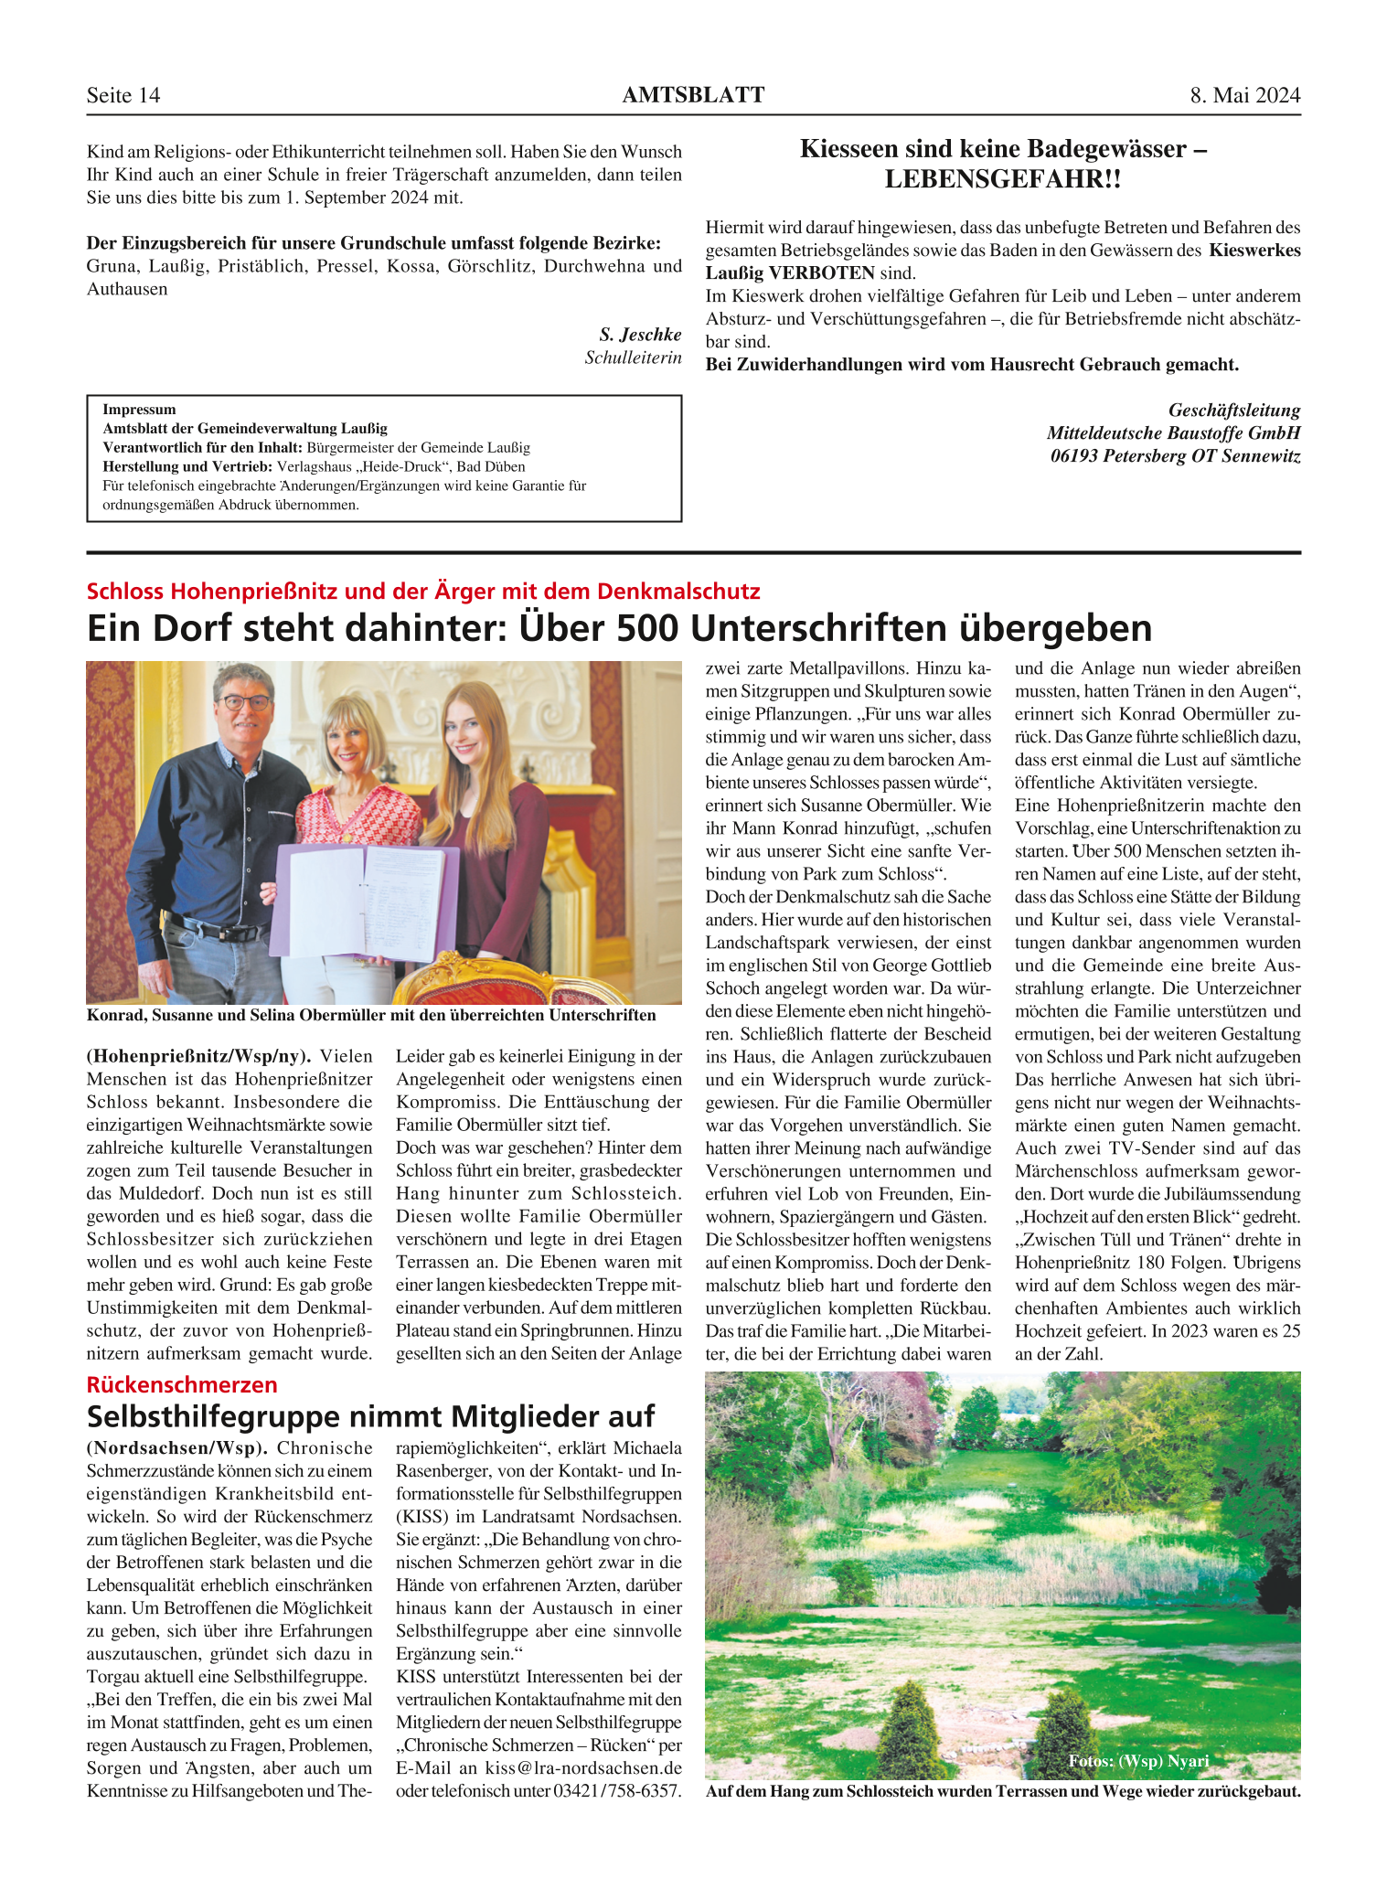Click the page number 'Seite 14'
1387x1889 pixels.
click(123, 96)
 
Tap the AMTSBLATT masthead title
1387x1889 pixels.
click(693, 95)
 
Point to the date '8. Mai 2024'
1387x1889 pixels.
click(1244, 96)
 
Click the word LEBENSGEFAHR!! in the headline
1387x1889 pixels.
click(1003, 179)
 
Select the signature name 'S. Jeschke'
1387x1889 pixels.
click(640, 335)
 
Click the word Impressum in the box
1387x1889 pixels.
click(139, 410)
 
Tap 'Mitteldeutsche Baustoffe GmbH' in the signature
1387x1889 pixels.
click(1173, 432)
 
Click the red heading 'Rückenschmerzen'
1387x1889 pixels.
click(182, 1384)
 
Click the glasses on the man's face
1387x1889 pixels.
click(243, 702)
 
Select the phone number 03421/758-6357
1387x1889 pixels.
click(617, 1791)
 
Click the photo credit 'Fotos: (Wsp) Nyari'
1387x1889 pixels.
click(1138, 1761)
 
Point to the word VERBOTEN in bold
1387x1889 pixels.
click(822, 272)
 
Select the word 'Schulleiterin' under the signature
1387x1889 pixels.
click(633, 358)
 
